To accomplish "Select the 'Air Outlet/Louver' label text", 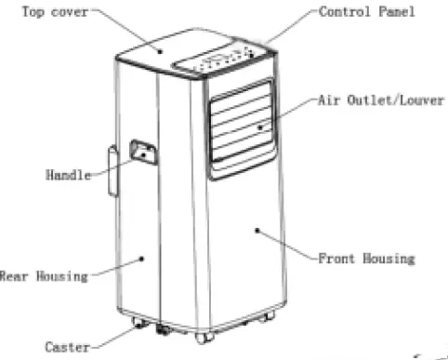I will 380,100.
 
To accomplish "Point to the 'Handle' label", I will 69,175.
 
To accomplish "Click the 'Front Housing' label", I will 366,258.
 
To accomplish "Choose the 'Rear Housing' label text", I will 44,275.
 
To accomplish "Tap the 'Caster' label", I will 68,347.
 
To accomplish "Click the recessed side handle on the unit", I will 145,151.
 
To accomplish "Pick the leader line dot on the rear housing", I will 141,258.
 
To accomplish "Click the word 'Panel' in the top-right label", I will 395,13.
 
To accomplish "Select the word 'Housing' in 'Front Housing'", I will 389,258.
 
